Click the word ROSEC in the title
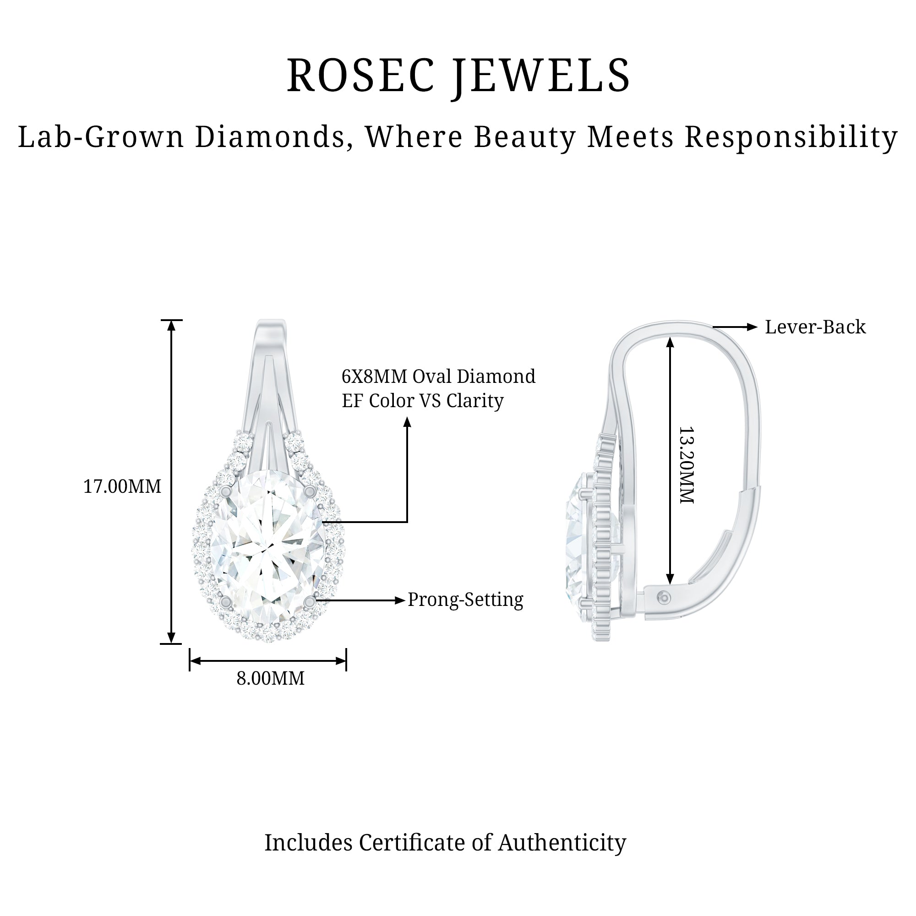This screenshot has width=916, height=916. coord(360,76)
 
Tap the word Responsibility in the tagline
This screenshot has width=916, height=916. coord(791,137)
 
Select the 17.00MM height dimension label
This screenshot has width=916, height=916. coord(122,486)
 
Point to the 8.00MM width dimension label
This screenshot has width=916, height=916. coord(270,678)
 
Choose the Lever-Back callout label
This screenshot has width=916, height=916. coord(816,327)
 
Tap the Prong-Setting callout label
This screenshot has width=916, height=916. coord(466,600)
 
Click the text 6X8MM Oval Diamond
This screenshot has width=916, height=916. coord(439,376)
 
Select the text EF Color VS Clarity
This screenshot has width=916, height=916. coord(422,401)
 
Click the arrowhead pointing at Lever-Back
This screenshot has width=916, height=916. coord(752,327)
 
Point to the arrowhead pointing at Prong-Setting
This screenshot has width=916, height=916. coord(401,601)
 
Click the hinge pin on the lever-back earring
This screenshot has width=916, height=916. coord(665,598)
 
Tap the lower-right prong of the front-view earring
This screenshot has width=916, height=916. coord(310,602)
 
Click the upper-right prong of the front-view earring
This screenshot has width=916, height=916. coord(310,490)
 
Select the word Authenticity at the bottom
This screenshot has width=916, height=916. coord(562,843)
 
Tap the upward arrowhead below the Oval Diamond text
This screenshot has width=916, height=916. coord(407,422)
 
